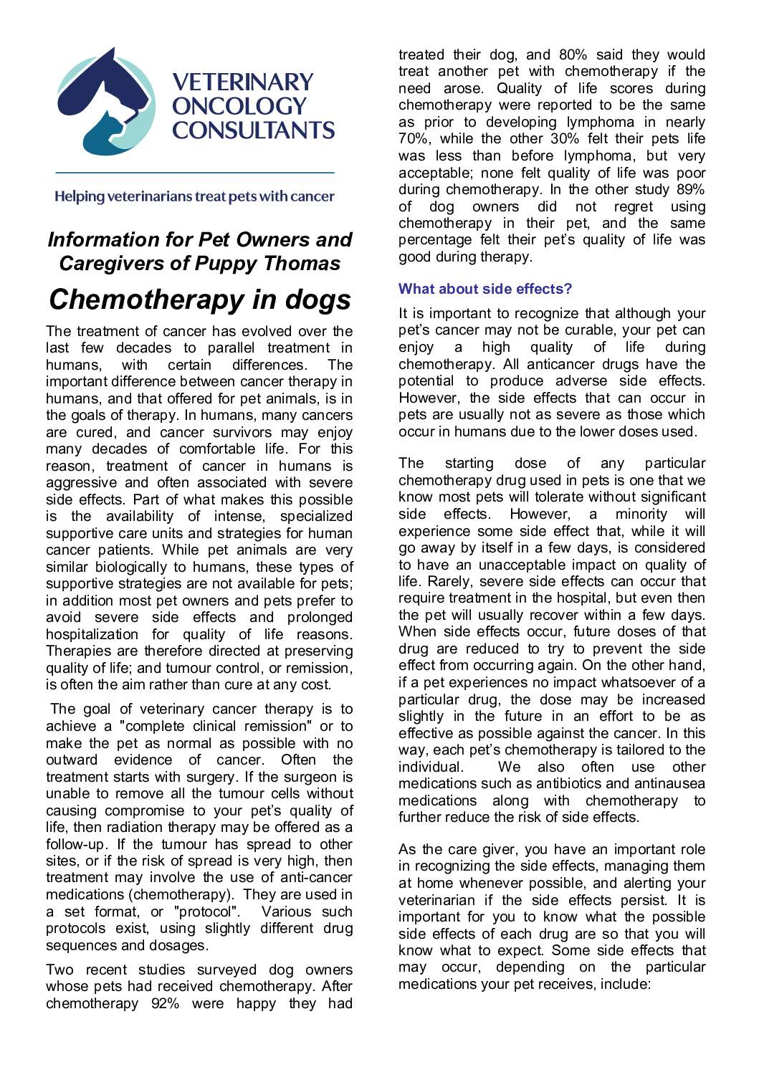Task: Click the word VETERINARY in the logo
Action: point(243,82)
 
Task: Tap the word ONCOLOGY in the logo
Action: point(239,106)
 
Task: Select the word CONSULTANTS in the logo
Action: point(253,130)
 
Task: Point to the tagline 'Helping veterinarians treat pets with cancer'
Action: point(194,196)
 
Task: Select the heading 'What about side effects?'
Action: point(485,289)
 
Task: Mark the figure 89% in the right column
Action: point(690,189)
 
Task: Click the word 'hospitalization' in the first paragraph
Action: point(92,635)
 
